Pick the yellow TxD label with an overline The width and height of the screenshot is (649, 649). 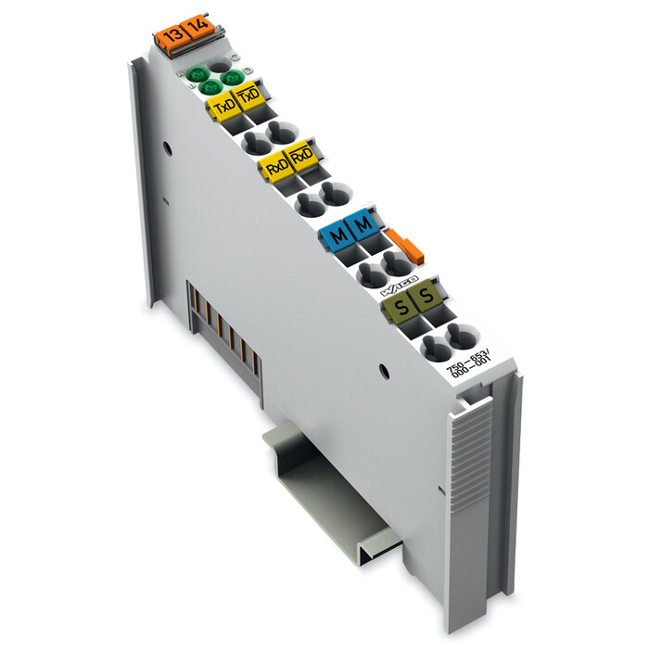(x=249, y=95)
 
